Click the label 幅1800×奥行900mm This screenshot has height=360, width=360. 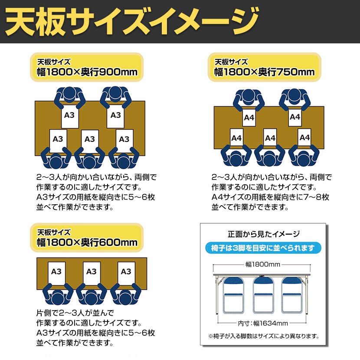point(87,72)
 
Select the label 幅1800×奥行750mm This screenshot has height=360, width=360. point(265,72)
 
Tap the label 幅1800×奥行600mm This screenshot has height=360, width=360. point(87,242)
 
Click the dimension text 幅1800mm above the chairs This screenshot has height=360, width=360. point(263,264)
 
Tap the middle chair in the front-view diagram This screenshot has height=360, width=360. point(263,295)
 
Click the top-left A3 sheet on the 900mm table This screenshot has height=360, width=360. point(69,115)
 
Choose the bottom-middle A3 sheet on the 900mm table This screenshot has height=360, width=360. point(89,140)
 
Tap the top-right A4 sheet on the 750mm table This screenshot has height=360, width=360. point(295,116)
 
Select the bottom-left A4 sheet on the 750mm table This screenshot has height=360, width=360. point(236,138)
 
